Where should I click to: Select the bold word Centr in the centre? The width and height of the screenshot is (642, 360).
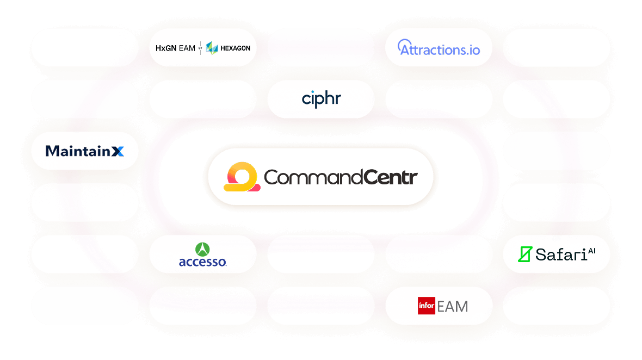coord(391,177)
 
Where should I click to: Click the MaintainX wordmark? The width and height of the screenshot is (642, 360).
coord(85,151)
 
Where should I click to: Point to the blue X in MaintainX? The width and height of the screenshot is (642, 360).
coord(118,151)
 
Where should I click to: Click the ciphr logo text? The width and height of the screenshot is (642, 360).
coord(321,99)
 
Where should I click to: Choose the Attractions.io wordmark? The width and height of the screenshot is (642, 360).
coord(439,49)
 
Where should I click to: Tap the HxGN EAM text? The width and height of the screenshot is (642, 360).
coord(175,48)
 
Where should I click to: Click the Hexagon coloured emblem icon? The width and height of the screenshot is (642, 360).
coord(212,48)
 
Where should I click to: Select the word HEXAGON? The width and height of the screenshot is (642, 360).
coord(235,48)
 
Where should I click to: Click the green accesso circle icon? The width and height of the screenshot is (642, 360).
coord(203,250)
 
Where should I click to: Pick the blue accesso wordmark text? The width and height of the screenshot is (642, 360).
coord(202,262)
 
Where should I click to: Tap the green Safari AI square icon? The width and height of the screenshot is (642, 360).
coord(524,254)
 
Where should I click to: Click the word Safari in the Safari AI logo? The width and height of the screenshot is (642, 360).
coord(560,254)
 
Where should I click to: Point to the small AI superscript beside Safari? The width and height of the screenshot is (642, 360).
coord(592,251)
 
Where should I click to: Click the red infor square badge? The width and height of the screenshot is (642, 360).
coord(426,306)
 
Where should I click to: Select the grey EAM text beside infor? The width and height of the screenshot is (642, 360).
coord(452,307)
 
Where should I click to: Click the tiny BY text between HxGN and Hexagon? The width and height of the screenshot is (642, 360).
coord(200,48)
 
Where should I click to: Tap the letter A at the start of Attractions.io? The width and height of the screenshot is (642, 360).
coord(405,48)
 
